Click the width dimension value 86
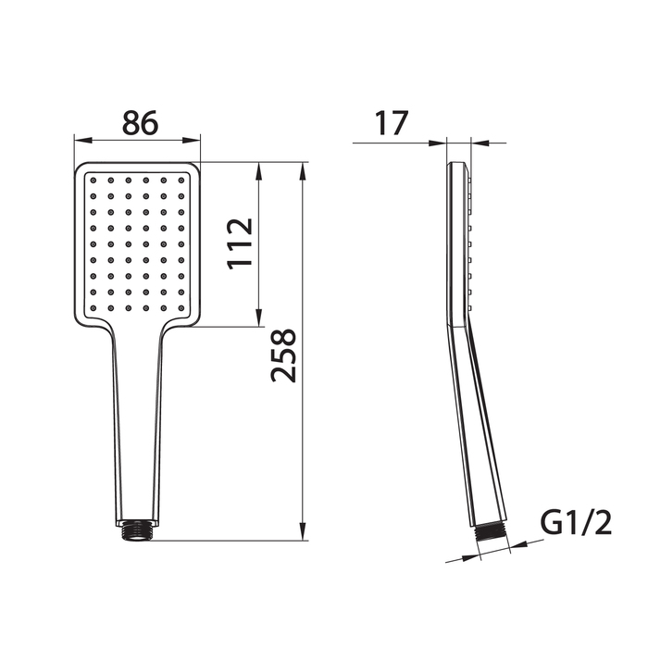click(137, 122)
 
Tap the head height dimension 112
click(241, 243)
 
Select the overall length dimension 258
click(283, 355)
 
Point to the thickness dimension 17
click(393, 123)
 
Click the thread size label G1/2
click(576, 524)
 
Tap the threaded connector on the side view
click(492, 535)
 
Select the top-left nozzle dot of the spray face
click(93, 181)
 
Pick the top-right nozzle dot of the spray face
click(181, 181)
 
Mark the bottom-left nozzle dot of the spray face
click(93, 307)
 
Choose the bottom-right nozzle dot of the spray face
click(181, 307)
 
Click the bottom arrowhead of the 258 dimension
click(303, 534)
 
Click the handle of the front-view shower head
click(138, 426)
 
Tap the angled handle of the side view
click(477, 426)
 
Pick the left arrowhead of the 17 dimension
click(441, 143)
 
